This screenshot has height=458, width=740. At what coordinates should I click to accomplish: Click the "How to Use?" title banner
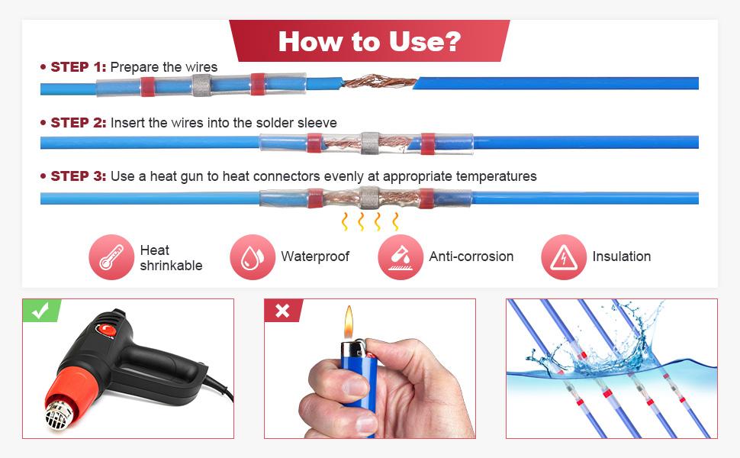369,41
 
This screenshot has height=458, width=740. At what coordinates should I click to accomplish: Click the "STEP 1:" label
79,67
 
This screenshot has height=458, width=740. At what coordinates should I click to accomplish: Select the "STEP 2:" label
79,123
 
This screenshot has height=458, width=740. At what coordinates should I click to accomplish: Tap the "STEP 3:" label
79,176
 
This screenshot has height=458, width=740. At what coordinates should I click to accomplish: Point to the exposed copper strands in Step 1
379,82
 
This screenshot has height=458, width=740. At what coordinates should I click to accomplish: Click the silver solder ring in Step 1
201,85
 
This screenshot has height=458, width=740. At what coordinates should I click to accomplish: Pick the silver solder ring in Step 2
370,143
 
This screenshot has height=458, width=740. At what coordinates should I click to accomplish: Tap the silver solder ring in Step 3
369,198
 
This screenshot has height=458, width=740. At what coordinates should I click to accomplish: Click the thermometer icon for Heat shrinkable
111,257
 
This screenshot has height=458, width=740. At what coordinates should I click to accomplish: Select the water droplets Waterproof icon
253,257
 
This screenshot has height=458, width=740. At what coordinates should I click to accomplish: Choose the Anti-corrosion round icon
401,257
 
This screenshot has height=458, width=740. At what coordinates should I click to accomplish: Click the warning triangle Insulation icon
564,257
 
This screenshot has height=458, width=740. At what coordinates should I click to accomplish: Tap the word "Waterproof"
315,256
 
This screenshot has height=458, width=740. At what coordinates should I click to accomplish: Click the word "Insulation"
622,256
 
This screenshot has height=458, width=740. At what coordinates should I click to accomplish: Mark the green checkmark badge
41,310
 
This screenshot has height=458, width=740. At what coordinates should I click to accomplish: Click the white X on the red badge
282,311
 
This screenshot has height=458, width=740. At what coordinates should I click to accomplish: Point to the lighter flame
349,322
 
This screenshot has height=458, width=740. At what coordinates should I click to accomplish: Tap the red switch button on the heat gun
107,330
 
